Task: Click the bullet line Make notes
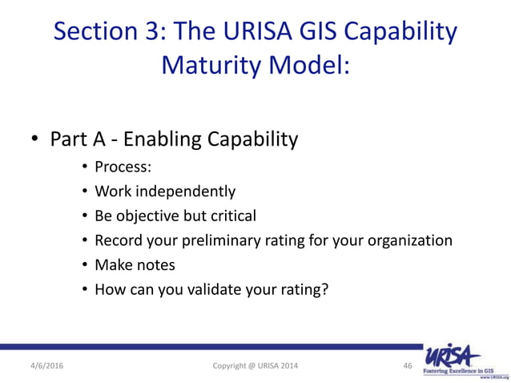click(x=135, y=264)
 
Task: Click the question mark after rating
click(x=324, y=288)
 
